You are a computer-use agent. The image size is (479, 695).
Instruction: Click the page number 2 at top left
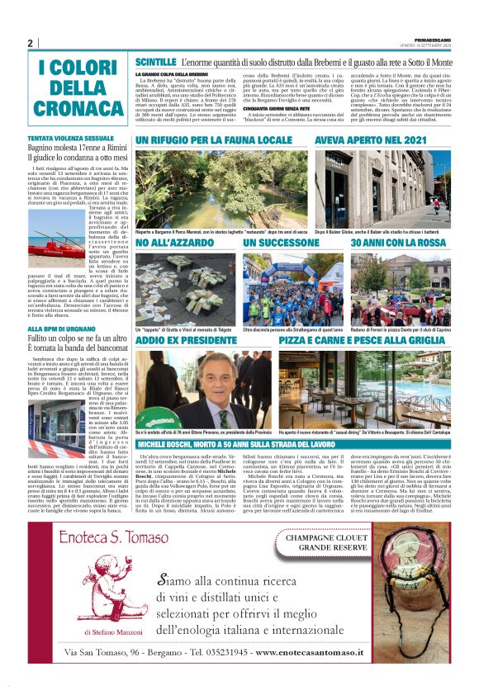click(x=30, y=44)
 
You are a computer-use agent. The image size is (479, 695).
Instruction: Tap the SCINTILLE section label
click(x=154, y=63)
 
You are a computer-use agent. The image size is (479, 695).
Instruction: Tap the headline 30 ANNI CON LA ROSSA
click(x=396, y=243)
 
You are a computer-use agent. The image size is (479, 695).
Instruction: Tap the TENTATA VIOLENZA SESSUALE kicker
click(x=71, y=137)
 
